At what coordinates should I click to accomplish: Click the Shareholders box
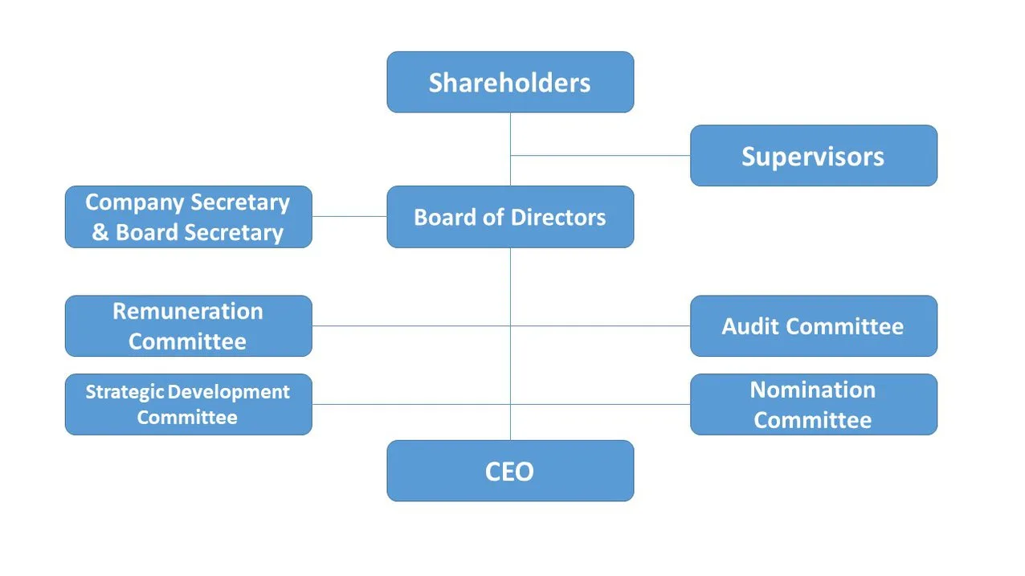(x=510, y=82)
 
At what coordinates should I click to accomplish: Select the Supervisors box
(x=813, y=156)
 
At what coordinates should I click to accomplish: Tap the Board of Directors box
(x=510, y=217)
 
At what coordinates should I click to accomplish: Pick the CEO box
(x=510, y=471)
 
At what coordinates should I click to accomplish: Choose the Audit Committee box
(x=813, y=326)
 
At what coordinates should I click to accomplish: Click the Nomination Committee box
(x=813, y=404)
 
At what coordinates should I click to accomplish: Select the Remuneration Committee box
(x=188, y=326)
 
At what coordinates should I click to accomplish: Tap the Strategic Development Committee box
(x=188, y=404)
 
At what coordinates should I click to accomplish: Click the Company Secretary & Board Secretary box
(x=188, y=217)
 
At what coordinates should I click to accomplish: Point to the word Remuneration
(x=188, y=312)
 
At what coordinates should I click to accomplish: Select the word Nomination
(x=813, y=390)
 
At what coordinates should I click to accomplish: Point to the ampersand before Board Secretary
(x=100, y=233)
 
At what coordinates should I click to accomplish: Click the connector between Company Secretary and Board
(x=349, y=216)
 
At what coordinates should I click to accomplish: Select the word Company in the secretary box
(x=131, y=202)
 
